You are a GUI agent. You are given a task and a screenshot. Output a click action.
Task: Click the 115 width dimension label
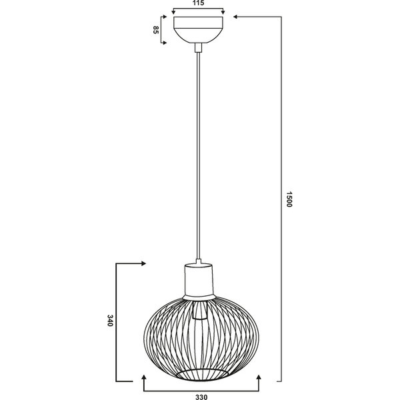click(197, 3)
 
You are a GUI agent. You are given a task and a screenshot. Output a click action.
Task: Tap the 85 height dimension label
click(156, 30)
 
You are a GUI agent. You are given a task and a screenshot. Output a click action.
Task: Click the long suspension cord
click(198, 153)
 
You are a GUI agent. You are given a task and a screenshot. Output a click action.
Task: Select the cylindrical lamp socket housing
click(198, 280)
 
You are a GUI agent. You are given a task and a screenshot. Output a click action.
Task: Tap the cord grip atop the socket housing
click(198, 261)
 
